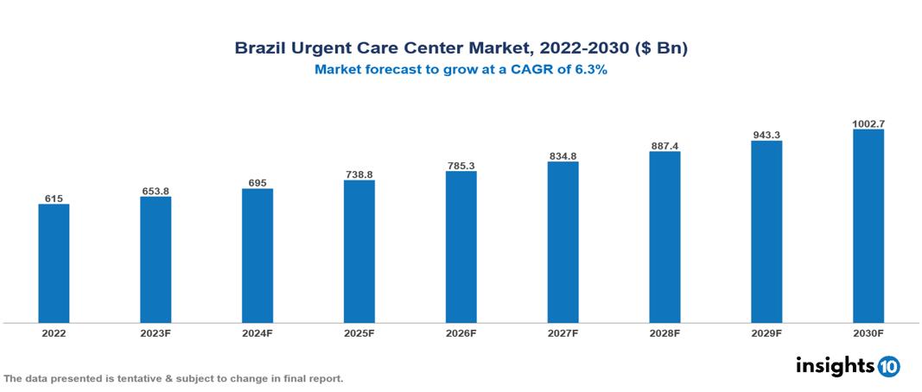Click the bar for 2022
(x=54, y=263)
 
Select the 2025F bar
(x=359, y=251)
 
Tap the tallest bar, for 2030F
(x=868, y=226)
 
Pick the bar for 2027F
(x=563, y=243)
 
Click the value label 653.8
(x=156, y=191)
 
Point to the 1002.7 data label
(x=868, y=123)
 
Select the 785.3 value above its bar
(x=461, y=165)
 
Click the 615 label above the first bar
(x=54, y=199)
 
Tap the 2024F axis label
(x=258, y=332)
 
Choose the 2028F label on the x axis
(x=665, y=332)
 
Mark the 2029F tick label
(x=766, y=332)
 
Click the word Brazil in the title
(x=262, y=48)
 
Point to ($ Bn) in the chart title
(x=662, y=48)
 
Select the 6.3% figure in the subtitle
(x=591, y=71)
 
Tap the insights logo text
(x=834, y=365)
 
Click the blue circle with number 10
(x=888, y=366)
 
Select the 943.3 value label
(x=766, y=135)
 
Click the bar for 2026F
(x=461, y=247)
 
